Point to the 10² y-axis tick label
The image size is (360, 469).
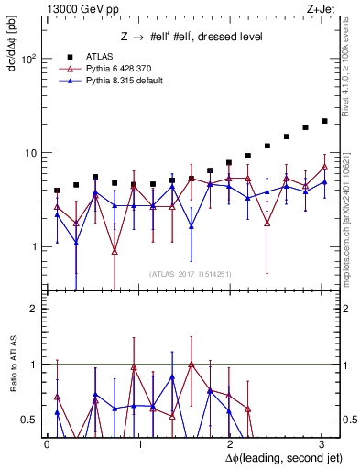click(x=28, y=59)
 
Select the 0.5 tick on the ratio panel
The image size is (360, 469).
click(x=30, y=420)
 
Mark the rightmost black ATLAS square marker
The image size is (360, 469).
click(x=324, y=120)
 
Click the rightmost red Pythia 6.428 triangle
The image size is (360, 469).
click(x=324, y=167)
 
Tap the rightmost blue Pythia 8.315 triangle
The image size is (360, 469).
click(x=324, y=182)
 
